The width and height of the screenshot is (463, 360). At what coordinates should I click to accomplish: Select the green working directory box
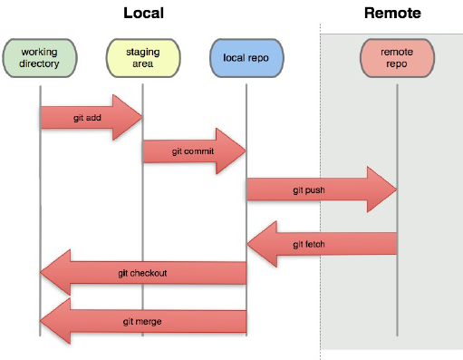40,57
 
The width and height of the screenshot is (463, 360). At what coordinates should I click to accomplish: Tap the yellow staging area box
143,57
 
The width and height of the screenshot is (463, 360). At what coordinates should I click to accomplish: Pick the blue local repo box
246,57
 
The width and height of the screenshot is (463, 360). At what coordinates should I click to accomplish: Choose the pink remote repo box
397,57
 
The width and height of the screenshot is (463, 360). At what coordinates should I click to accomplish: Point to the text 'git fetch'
310,244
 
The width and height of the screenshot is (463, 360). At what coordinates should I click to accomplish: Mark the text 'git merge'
141,321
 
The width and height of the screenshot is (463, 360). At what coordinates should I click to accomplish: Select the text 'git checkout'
142,273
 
